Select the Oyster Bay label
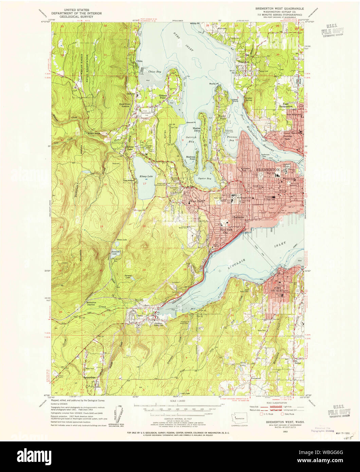[x=205, y=178]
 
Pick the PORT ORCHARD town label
[x=282, y=290]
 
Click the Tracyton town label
[x=244, y=62]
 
